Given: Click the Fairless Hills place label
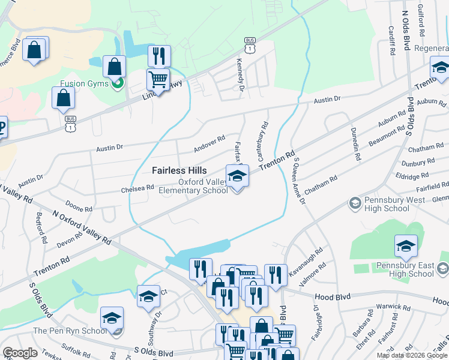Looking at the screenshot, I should [179, 170].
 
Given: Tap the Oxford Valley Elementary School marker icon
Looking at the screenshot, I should [237, 176].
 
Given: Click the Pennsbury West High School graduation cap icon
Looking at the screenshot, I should [354, 204].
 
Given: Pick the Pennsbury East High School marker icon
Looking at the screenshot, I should [406, 246].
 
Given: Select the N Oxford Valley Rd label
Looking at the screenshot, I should [82, 227].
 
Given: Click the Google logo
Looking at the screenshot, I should [20, 353].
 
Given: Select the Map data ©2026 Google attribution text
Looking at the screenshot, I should [412, 355].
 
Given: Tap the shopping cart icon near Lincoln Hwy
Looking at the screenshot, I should [158, 79].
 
